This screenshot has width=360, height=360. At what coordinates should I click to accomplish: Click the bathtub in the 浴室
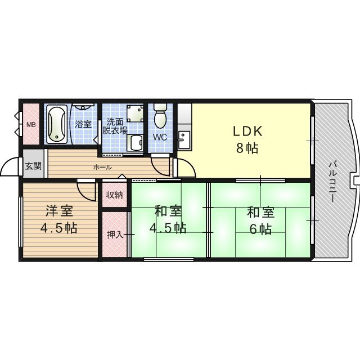[57, 124]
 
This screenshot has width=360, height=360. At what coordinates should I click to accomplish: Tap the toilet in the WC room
[160, 116]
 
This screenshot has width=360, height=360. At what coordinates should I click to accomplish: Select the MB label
[31, 125]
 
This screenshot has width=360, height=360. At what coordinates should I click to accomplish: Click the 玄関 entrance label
[33, 166]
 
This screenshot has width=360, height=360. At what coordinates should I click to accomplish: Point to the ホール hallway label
[102, 168]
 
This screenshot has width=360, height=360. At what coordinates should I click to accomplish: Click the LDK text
[247, 131]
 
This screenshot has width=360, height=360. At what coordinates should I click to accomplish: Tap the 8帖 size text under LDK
[247, 148]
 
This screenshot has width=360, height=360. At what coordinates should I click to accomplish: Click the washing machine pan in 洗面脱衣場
[135, 114]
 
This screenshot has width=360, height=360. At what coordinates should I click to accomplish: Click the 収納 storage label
[114, 195]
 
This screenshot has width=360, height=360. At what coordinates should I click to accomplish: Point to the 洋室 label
[60, 211]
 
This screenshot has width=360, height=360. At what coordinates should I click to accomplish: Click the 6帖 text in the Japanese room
[261, 229]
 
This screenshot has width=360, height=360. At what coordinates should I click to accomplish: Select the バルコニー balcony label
[332, 182]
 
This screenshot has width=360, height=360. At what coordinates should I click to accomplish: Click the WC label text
[160, 137]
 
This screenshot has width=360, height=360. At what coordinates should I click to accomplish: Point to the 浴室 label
[83, 124]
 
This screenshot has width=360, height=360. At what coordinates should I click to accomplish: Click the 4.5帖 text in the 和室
[168, 228]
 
